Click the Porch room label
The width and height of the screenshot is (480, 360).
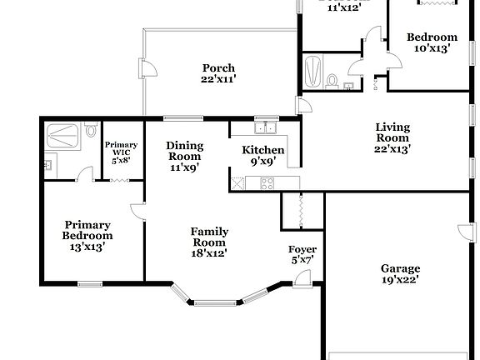coord(218,68)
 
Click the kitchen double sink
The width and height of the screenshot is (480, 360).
coord(266,128)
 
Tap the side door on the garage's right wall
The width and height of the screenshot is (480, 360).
coord(462,230)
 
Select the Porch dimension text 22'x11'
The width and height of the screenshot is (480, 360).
coord(218,79)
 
